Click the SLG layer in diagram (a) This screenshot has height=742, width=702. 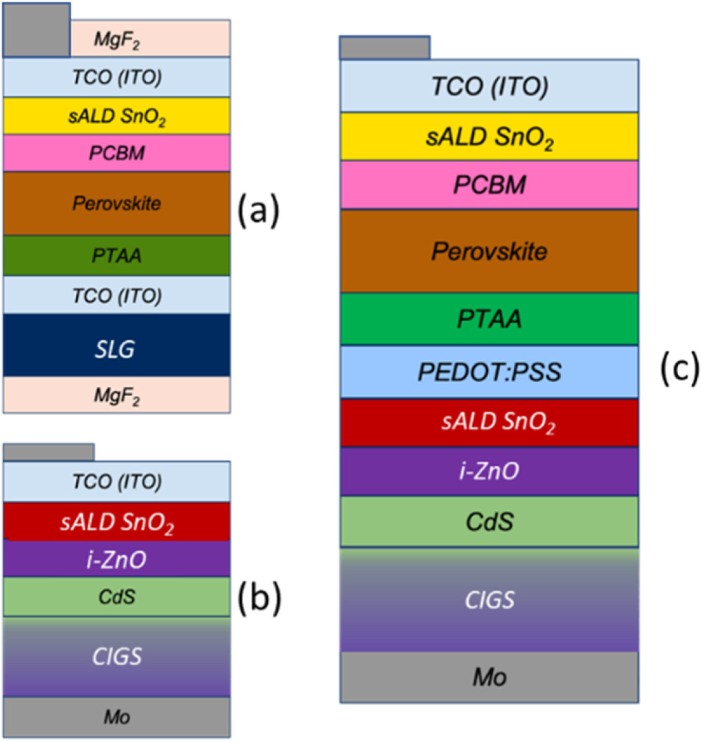[x=116, y=345]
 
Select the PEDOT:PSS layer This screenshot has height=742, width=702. [x=489, y=372]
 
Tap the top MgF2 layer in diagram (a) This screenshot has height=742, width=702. [x=150, y=39]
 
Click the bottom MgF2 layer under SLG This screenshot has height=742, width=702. [x=116, y=395]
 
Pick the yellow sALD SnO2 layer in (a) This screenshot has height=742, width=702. [x=116, y=116]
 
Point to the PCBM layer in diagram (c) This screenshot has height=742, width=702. [x=489, y=185]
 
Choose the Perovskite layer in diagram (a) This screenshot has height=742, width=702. [x=116, y=203]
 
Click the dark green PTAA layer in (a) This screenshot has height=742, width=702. [x=116, y=256]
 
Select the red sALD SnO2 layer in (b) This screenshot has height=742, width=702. [x=116, y=522]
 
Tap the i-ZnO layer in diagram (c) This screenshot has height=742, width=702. [x=489, y=471]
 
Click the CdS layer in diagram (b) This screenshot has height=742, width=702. [x=116, y=597]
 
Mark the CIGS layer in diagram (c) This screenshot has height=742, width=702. [x=489, y=600]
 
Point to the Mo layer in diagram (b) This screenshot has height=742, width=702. [x=116, y=717]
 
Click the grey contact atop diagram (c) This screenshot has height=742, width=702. [x=385, y=48]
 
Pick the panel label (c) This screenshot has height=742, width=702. [x=679, y=369]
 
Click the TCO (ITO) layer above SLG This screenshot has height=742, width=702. [x=116, y=295]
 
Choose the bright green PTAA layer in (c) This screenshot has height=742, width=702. [x=489, y=319]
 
